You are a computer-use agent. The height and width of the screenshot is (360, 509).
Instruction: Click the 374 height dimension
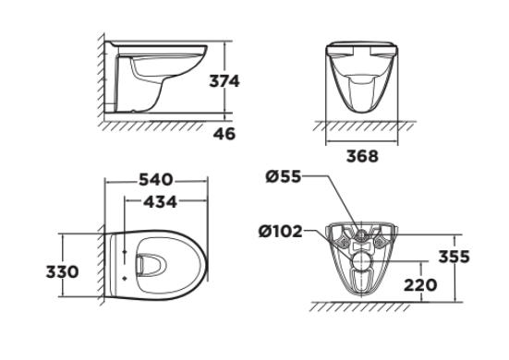(223, 81)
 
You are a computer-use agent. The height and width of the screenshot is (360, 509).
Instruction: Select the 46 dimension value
(223, 134)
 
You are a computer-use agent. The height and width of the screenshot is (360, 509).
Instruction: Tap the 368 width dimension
(361, 156)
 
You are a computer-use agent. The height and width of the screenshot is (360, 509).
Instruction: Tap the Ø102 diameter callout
(281, 231)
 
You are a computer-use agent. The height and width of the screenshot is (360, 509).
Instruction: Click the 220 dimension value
(420, 285)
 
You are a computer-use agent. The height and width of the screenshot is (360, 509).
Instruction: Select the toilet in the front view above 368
(361, 78)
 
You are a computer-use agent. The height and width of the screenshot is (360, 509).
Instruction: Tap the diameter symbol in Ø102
(265, 231)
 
